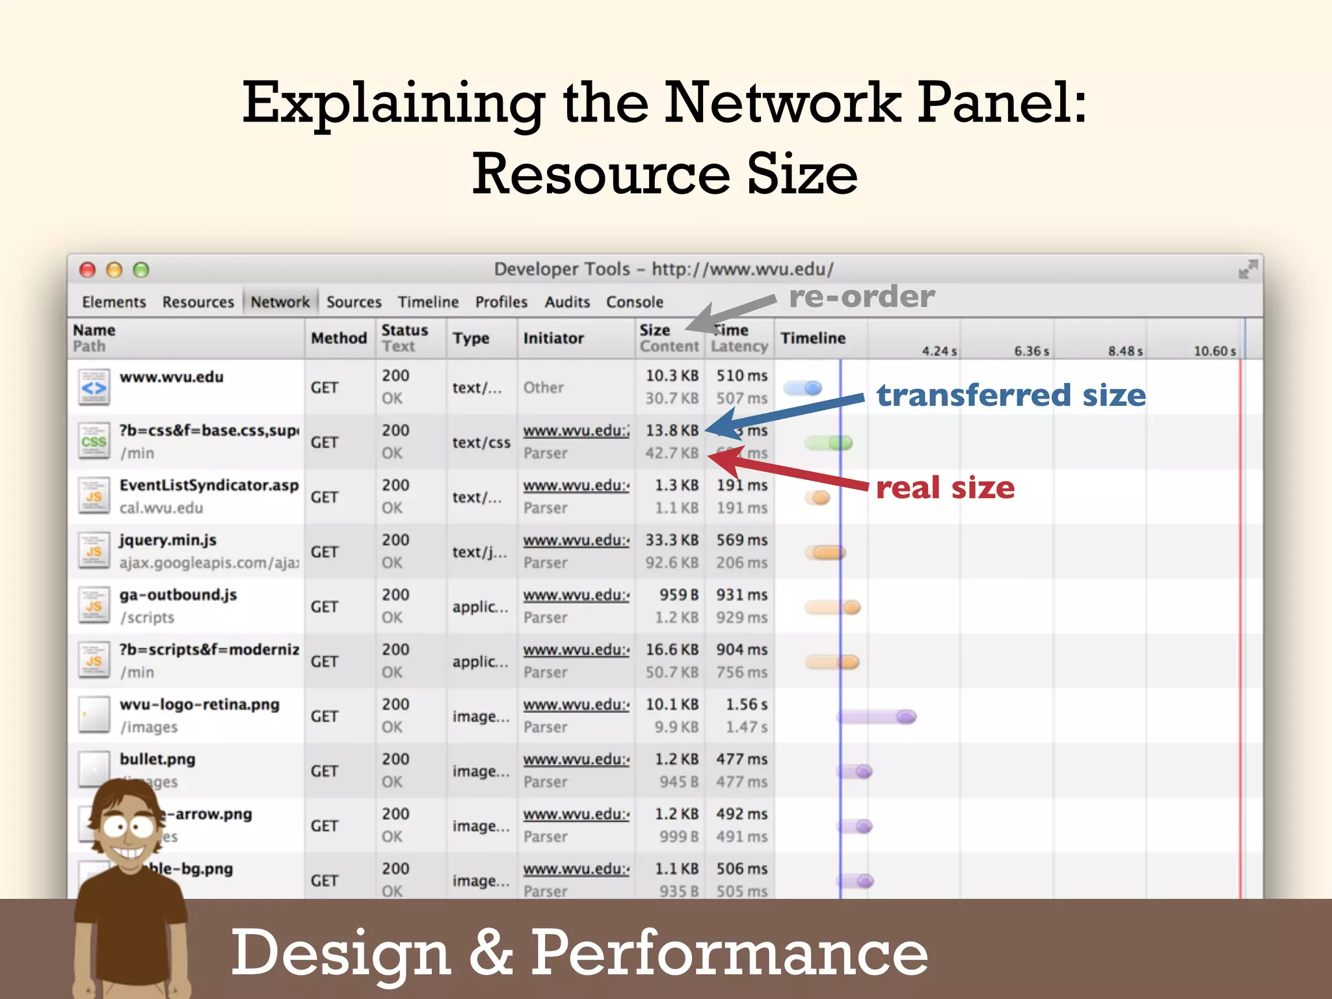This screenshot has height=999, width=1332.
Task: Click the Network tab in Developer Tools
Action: [280, 302]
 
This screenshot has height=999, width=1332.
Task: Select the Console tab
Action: [634, 302]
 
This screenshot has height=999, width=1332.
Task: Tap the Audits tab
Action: [567, 302]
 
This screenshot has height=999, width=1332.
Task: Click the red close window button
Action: [87, 270]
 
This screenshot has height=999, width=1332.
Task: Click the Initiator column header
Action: [553, 338]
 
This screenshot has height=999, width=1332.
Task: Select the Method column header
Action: [339, 338]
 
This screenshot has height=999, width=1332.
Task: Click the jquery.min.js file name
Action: [168, 540]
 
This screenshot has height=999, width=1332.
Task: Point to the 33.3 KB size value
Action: [671, 540]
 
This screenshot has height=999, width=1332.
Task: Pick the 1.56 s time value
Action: [746, 704]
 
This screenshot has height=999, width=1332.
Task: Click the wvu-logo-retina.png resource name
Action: [199, 704]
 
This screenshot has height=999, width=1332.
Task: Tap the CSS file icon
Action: [94, 442]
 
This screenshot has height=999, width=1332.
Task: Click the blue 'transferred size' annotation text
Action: [1011, 395]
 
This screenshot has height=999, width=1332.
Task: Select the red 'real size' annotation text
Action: [945, 488]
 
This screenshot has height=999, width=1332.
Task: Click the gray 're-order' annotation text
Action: [862, 297]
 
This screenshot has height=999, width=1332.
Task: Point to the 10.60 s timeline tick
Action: [1214, 351]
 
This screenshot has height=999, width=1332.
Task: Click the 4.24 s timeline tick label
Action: [939, 351]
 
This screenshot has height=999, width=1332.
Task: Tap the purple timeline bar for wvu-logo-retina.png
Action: [877, 717]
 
